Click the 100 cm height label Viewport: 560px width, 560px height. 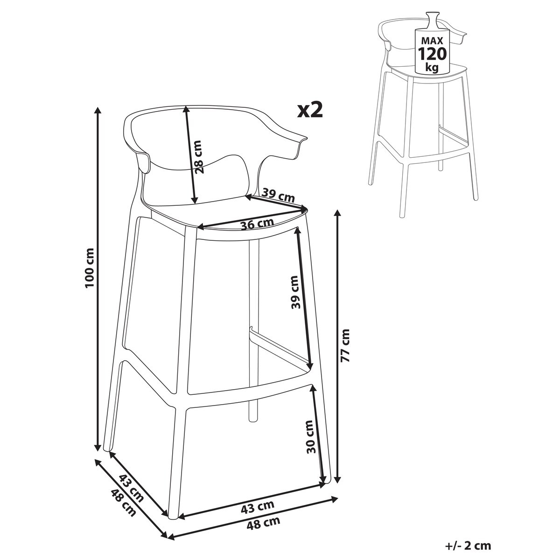pyautogui.click(x=90, y=268)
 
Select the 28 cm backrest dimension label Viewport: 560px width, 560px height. pyautogui.click(x=199, y=157)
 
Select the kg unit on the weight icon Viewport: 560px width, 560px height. pyautogui.click(x=432, y=67)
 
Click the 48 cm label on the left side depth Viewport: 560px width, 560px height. pyautogui.click(x=124, y=506)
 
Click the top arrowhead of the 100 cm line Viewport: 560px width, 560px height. pyautogui.click(x=98, y=111)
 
